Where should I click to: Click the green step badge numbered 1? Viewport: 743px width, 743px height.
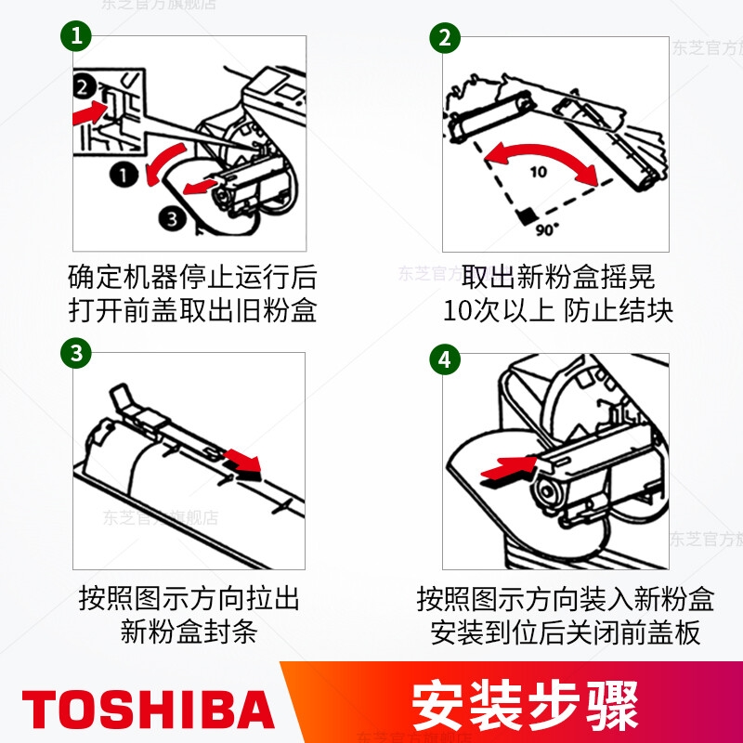click(x=76, y=36)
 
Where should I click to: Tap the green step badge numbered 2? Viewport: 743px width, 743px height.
click(x=445, y=37)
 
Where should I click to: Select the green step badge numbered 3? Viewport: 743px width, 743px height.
click(x=76, y=353)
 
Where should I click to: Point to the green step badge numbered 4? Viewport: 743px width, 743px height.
click(x=445, y=359)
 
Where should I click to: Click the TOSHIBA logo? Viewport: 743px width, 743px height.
click(x=149, y=709)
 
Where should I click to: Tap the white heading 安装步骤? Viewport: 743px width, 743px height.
click(x=525, y=706)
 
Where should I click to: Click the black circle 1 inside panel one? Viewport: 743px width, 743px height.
click(x=124, y=175)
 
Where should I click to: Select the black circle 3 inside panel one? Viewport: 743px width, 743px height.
click(x=172, y=218)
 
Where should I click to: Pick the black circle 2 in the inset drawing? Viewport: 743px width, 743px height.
click(x=85, y=87)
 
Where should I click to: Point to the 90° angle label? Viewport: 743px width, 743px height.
click(x=547, y=229)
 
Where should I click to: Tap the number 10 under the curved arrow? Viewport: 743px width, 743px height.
click(x=539, y=172)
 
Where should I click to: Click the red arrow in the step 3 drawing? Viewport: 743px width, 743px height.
click(x=242, y=461)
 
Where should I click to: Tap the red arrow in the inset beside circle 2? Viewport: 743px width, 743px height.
click(x=90, y=112)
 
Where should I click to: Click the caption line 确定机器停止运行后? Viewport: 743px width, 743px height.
click(x=192, y=277)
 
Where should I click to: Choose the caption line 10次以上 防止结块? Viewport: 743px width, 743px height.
click(x=558, y=311)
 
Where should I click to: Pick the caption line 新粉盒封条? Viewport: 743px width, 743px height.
click(x=189, y=632)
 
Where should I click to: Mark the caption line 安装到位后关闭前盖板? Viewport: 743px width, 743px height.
click(x=565, y=632)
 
